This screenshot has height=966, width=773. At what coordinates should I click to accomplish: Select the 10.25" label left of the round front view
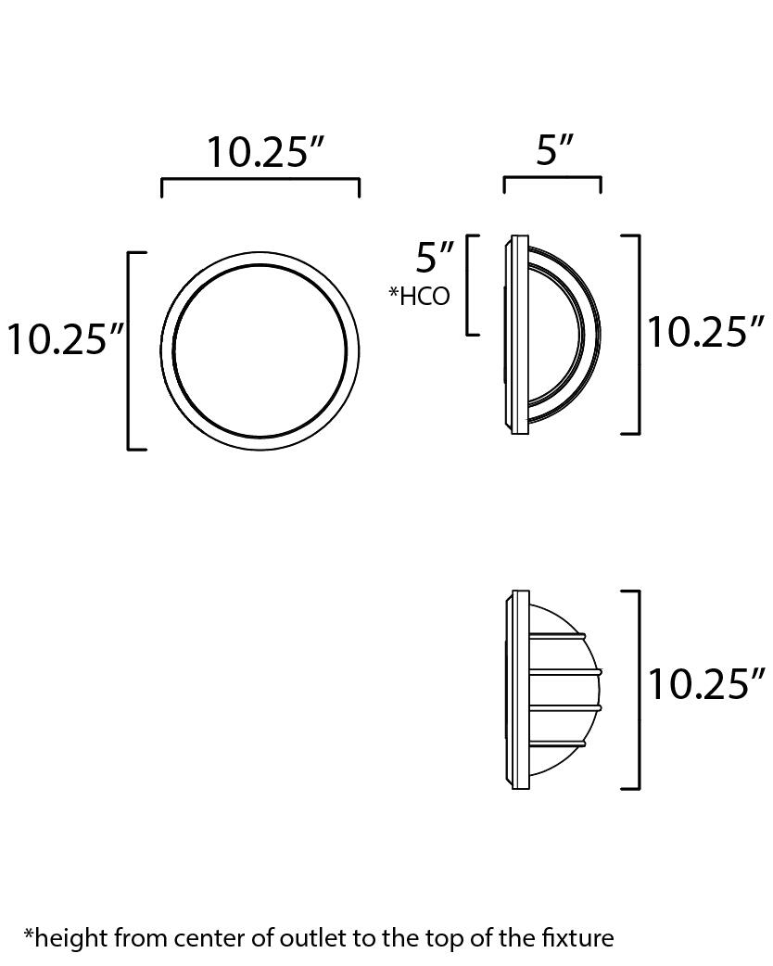click(x=66, y=340)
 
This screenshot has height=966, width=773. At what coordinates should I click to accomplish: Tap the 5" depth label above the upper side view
click(x=555, y=149)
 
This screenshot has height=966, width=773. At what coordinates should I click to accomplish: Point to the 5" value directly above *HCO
click(x=435, y=257)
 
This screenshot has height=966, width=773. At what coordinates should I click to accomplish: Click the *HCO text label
click(x=419, y=296)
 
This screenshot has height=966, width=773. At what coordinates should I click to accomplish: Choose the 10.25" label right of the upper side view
click(x=705, y=332)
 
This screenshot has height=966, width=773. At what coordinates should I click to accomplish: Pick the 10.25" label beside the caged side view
click(x=705, y=685)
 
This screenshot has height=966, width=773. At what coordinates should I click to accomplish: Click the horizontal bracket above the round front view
click(x=260, y=180)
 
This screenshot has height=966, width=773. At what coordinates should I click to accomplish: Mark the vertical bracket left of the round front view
click(x=129, y=350)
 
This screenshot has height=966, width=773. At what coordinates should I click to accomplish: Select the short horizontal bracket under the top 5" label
click(x=552, y=178)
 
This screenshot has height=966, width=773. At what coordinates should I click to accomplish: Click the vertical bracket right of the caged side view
click(x=639, y=690)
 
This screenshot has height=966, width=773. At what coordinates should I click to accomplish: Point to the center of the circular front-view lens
click(x=260, y=351)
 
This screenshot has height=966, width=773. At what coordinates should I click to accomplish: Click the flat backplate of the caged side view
click(x=520, y=690)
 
